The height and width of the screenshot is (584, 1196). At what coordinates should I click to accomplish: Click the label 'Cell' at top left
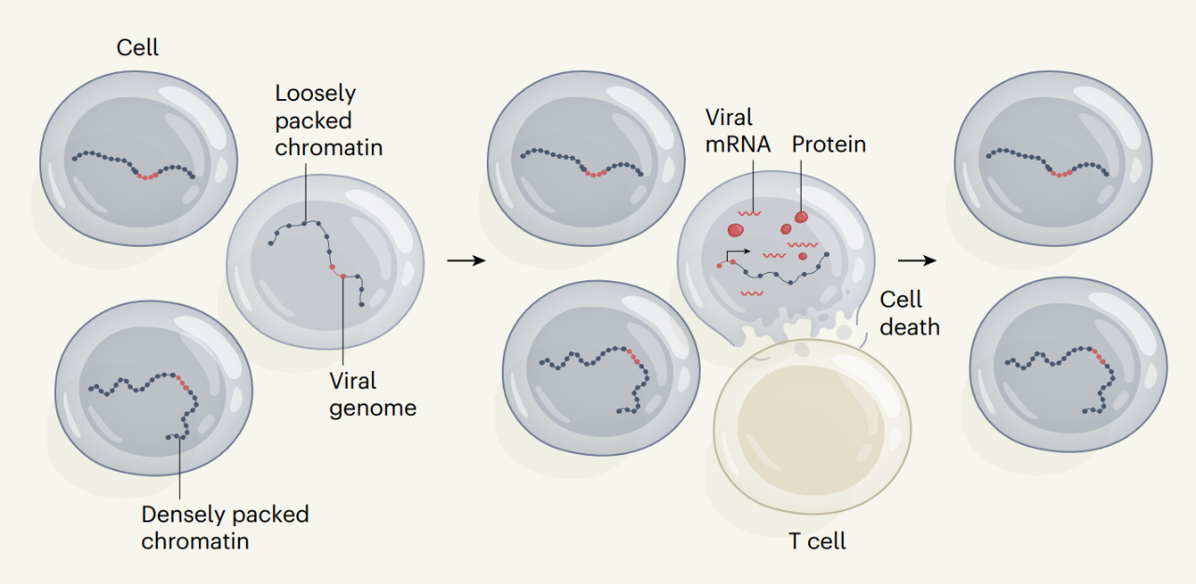click(x=137, y=47)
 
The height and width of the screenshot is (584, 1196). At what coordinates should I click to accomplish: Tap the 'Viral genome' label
click(x=372, y=394)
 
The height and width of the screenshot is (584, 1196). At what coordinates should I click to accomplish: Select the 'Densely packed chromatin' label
click(x=224, y=527)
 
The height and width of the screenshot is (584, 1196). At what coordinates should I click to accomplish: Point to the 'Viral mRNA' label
click(x=738, y=131)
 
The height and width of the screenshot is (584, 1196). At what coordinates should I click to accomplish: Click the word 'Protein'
click(x=829, y=145)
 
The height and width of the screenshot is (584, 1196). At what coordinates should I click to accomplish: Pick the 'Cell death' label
click(x=909, y=313)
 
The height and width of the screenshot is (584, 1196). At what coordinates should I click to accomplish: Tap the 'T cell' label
click(x=818, y=542)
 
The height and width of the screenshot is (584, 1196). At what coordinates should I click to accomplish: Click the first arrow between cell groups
click(x=466, y=260)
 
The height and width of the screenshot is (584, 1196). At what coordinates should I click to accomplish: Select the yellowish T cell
click(x=811, y=425)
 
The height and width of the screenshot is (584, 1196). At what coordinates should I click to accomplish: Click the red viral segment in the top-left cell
click(x=148, y=176)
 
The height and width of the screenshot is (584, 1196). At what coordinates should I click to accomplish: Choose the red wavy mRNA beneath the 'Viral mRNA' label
click(x=747, y=213)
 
